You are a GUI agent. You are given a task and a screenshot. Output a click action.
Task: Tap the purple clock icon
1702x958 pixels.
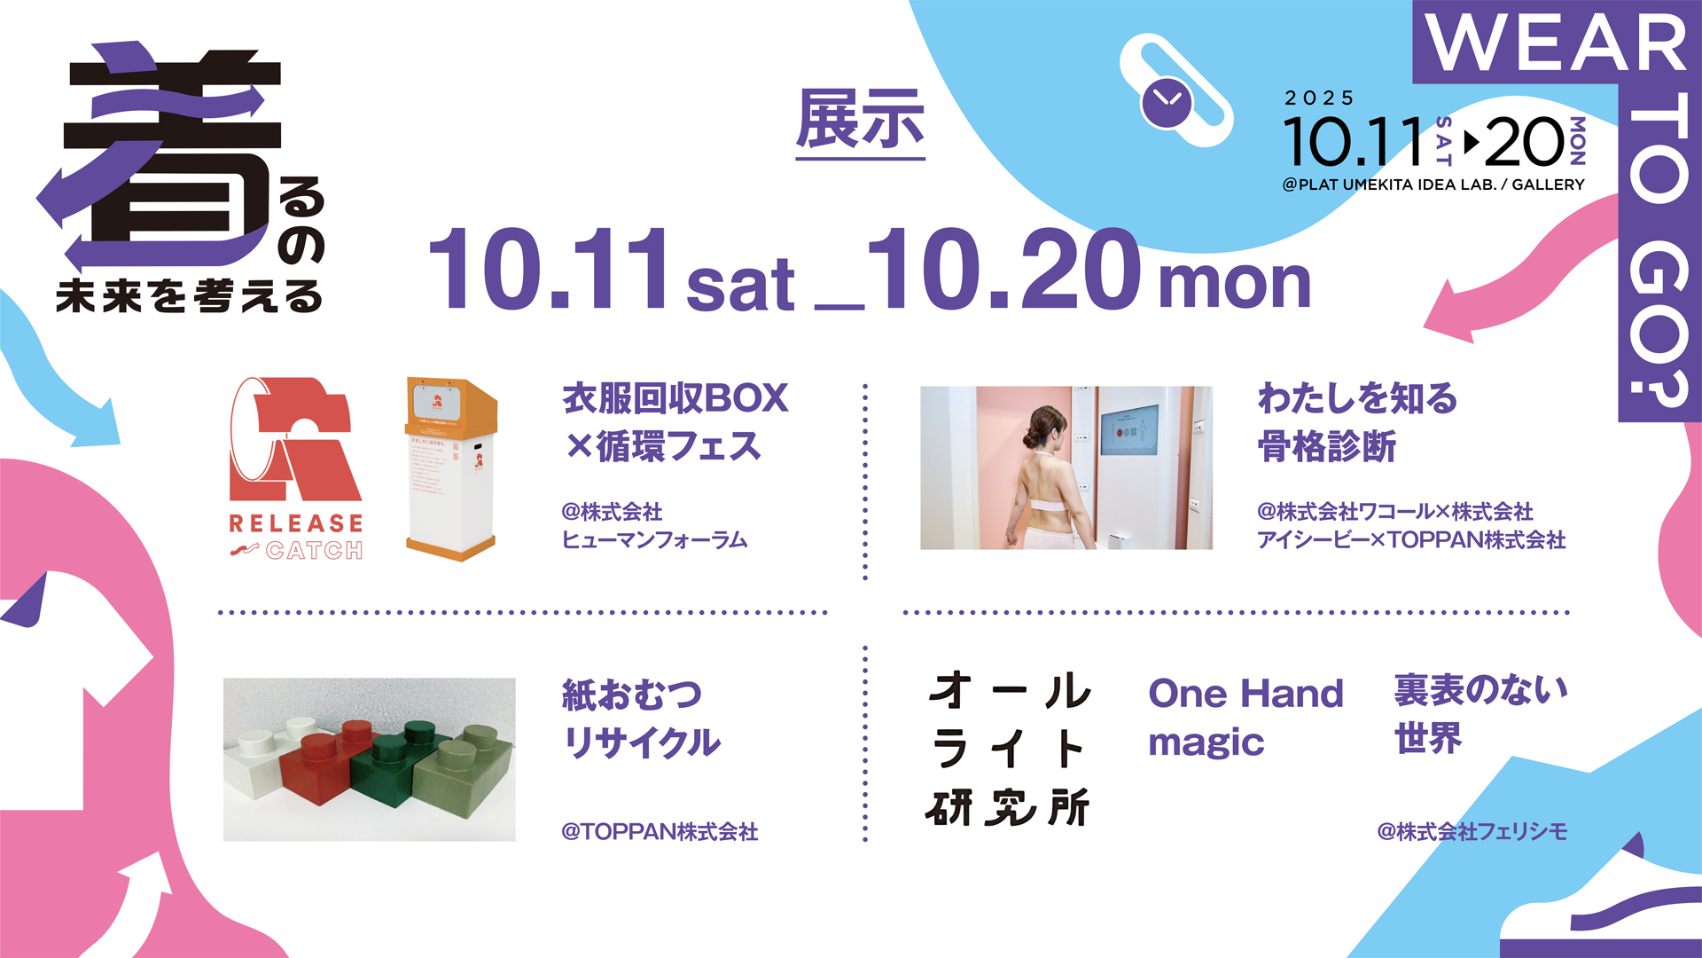(x=1166, y=102)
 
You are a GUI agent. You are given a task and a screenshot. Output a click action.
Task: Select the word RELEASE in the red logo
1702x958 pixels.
(x=296, y=523)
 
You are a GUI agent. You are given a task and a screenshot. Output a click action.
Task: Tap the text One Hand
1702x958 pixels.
(x=1245, y=694)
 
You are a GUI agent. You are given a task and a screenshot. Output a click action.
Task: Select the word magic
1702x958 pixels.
(x=1206, y=742)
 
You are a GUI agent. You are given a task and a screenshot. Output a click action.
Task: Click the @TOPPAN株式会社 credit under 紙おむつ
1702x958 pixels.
(x=660, y=832)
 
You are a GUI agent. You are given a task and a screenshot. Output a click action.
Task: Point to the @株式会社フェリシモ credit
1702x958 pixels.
(x=1472, y=832)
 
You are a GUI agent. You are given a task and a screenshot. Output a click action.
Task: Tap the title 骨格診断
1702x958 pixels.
(x=1326, y=446)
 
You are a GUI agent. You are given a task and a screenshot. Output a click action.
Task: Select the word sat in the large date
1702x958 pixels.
(x=740, y=286)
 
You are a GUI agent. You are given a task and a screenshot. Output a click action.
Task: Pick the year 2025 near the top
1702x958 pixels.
(x=1320, y=98)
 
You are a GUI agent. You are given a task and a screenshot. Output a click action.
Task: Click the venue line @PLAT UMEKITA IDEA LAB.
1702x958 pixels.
(x=1433, y=185)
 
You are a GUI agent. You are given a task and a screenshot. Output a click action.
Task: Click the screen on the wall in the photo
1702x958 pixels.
(x=1128, y=429)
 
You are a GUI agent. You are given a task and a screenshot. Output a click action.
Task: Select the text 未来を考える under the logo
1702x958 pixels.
(x=189, y=296)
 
